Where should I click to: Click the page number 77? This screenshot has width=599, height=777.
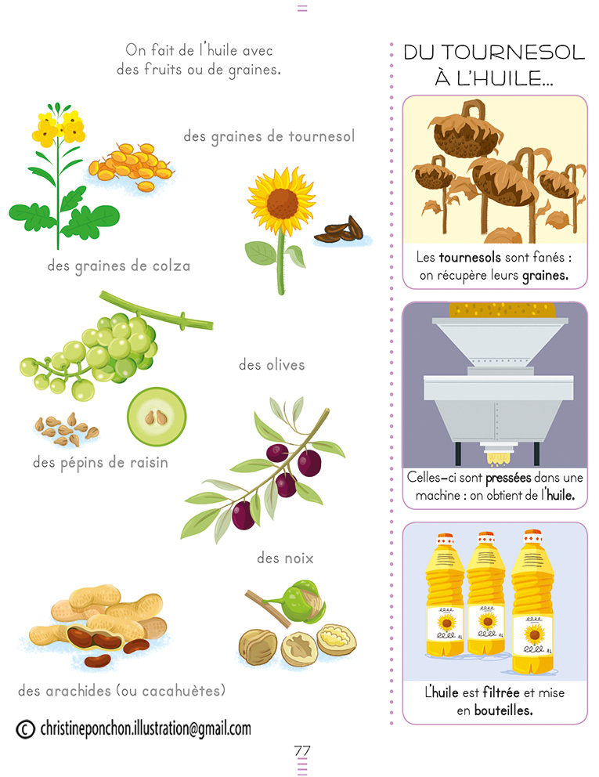click(301, 750)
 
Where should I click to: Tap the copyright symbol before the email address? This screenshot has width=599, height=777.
click(25, 729)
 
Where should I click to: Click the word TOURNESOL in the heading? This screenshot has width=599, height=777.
click(513, 52)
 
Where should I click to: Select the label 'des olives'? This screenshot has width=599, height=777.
click(272, 365)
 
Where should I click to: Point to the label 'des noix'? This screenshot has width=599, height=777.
click(285, 558)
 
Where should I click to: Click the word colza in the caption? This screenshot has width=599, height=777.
click(171, 266)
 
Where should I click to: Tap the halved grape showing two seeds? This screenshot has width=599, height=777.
click(157, 417)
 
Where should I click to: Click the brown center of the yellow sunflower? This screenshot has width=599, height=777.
click(283, 203)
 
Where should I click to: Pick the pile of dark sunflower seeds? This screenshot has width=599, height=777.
click(341, 230)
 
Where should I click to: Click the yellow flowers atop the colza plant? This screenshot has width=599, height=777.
click(59, 127)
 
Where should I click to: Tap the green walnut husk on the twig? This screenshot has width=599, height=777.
click(299, 602)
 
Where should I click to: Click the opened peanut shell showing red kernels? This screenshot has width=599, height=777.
click(94, 638)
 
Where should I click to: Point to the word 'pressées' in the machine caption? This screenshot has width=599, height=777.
click(509, 479)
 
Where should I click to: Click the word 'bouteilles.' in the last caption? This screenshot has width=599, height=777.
click(503, 710)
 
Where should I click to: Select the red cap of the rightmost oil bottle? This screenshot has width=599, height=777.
click(532, 537)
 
